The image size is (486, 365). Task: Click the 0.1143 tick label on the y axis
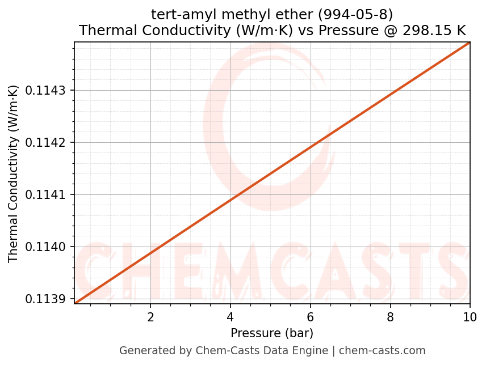click(47, 90)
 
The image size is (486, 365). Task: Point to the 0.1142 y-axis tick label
click(47, 142)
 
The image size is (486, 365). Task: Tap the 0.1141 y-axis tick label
click(47, 194)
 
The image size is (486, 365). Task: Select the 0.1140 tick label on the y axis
click(47, 247)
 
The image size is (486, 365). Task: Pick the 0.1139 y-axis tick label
click(47, 299)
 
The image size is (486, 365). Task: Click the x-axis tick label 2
click(150, 316)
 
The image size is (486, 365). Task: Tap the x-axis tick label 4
click(231, 316)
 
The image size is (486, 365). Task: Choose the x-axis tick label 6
click(311, 316)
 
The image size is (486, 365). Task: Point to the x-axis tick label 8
click(391, 316)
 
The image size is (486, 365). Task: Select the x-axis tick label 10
click(470, 316)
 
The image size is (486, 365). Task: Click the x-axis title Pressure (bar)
click(272, 333)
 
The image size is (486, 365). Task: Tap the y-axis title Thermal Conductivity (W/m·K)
click(14, 173)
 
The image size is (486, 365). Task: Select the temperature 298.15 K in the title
click(434, 30)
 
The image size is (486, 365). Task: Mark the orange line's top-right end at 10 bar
click(470, 43)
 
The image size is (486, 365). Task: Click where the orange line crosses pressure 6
click(311, 147)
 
